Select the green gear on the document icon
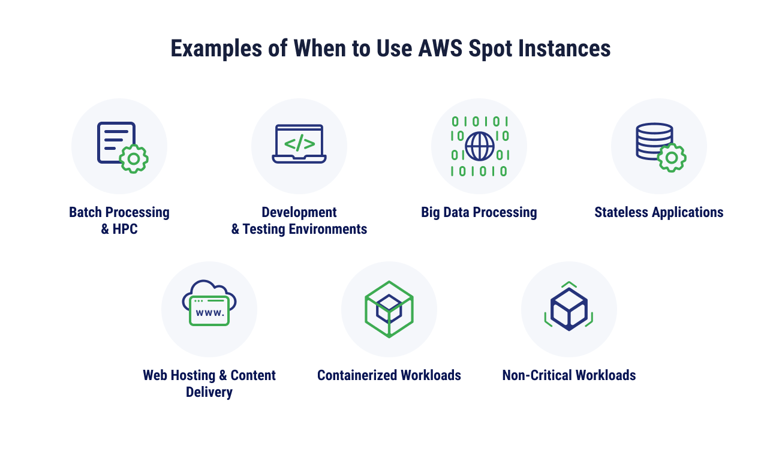point(134,159)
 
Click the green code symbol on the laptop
point(299,144)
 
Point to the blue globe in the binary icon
point(480,146)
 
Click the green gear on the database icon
point(672,158)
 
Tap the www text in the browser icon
point(210,312)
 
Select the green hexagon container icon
point(389,309)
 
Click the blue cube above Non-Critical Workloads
point(569,309)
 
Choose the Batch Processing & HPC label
point(119,220)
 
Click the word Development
point(299,212)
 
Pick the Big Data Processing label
point(479,212)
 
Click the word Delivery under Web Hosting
point(209,392)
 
